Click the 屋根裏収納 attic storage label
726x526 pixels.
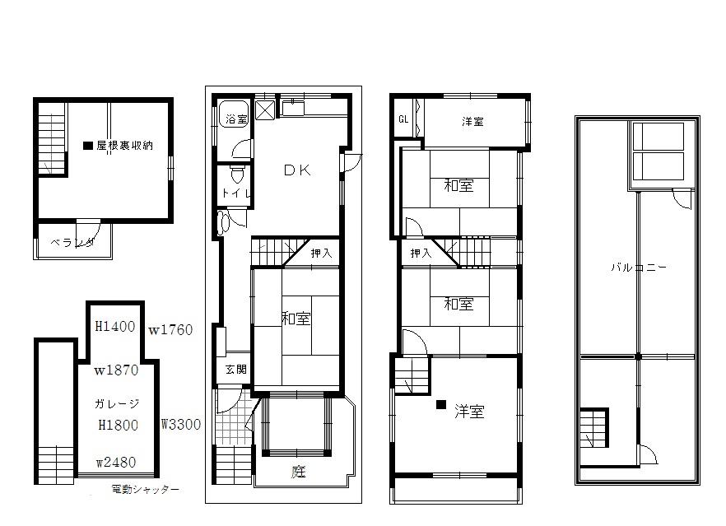coord(124,146)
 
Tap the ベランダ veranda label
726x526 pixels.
coord(71,243)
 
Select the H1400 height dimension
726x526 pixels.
coord(114,327)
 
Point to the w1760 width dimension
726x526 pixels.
coord(170,331)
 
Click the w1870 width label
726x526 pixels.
coord(115,370)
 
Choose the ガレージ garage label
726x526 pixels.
coord(117,404)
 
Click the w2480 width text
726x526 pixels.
coord(115,463)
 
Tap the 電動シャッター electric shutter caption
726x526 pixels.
coord(145,490)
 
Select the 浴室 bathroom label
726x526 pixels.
coord(236,120)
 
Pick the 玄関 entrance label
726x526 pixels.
coord(235,370)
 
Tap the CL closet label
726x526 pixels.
coord(403,119)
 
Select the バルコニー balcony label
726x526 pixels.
coord(639,268)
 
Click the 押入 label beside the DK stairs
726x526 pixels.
coord(322,254)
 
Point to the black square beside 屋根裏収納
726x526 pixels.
coord(87,146)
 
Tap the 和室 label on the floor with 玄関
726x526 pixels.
coord(296,319)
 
